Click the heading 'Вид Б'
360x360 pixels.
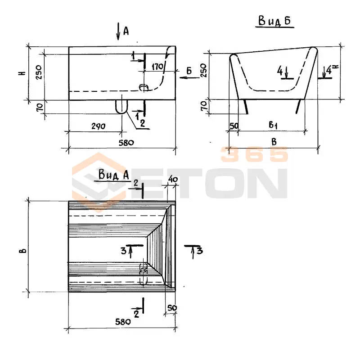274,21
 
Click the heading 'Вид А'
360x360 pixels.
114,175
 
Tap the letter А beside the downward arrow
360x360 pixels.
126,31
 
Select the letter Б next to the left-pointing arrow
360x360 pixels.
189,71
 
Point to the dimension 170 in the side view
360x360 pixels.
157,67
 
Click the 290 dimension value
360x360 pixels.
98,126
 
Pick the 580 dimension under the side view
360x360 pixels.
126,143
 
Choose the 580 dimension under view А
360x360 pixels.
123,322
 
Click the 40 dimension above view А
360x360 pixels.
173,179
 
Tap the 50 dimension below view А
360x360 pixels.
172,308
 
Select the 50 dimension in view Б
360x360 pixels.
234,126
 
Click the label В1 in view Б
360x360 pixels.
273,125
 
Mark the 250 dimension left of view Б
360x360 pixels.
204,70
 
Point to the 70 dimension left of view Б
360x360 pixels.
204,106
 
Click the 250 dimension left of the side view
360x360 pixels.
39,72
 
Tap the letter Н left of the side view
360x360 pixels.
22,73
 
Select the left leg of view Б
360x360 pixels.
246,106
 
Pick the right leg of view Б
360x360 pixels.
298,106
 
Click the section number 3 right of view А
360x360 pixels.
200,251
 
